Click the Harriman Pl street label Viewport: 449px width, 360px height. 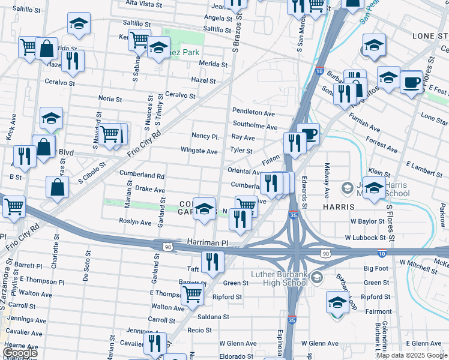click(x=208, y=243)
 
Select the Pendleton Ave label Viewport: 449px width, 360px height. click(x=253, y=112)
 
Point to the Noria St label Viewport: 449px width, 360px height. click(x=110, y=98)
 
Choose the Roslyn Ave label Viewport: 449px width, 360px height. click(x=137, y=222)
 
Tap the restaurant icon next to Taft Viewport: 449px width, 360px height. click(x=212, y=261)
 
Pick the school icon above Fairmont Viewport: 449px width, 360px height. click(x=337, y=303)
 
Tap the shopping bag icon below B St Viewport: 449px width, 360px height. click(x=56, y=187)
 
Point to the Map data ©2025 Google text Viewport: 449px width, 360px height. click(x=411, y=355)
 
